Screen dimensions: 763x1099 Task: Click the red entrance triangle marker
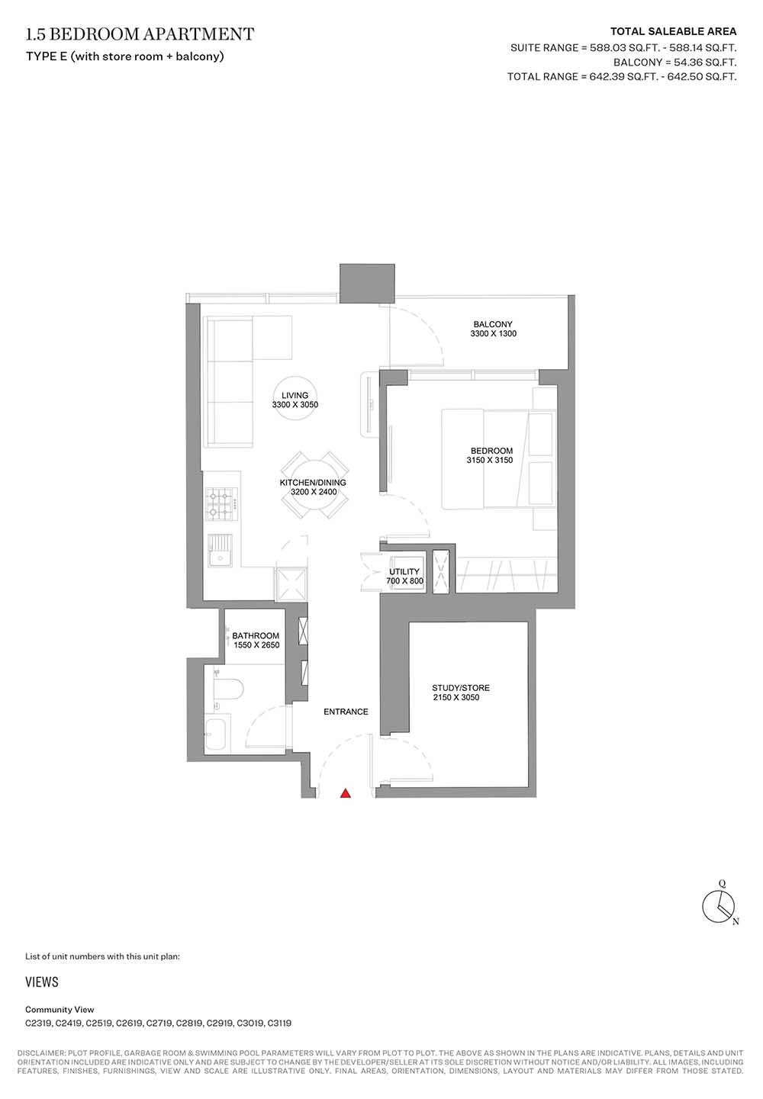pyautogui.click(x=346, y=793)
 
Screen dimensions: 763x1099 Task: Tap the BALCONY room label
pyautogui.click(x=492, y=324)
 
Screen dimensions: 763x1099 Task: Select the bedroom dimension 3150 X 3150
pyautogui.click(x=490, y=460)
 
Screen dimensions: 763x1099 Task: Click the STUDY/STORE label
pyautogui.click(x=461, y=688)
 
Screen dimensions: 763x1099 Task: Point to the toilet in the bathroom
pyautogui.click(x=229, y=689)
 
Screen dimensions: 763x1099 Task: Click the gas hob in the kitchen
pyautogui.click(x=221, y=504)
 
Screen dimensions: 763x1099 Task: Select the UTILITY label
pyautogui.click(x=404, y=571)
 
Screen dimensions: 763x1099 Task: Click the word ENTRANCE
pyautogui.click(x=346, y=712)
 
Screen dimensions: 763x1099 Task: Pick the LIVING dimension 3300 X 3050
pyautogui.click(x=295, y=405)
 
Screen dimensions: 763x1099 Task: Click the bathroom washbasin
pyautogui.click(x=217, y=734)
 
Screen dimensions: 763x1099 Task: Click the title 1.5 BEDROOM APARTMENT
pyautogui.click(x=140, y=34)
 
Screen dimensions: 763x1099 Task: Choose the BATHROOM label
pyautogui.click(x=256, y=636)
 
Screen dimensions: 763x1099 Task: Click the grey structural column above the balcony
pyautogui.click(x=367, y=283)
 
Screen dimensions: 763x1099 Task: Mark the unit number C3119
pyautogui.click(x=279, y=1023)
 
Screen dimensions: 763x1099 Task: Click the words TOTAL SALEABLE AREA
pyautogui.click(x=673, y=32)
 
